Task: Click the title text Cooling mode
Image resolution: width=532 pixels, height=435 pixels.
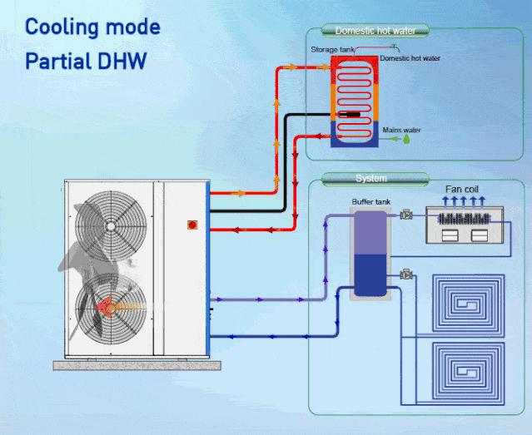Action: click(x=92, y=27)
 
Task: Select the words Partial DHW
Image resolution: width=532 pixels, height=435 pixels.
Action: click(x=87, y=62)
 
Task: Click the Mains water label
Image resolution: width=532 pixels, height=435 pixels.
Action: click(x=401, y=130)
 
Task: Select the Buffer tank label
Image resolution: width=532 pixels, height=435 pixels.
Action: click(x=366, y=201)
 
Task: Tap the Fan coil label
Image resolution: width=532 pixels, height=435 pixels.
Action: click(x=462, y=190)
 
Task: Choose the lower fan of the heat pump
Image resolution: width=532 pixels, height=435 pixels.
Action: click(x=113, y=307)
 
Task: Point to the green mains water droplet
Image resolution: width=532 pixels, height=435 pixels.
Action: click(x=407, y=141)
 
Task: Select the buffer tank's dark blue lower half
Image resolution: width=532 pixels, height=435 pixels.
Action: click(x=367, y=275)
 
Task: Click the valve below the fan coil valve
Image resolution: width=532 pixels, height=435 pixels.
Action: click(x=406, y=273)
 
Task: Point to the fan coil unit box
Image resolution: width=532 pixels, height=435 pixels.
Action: click(x=466, y=225)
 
